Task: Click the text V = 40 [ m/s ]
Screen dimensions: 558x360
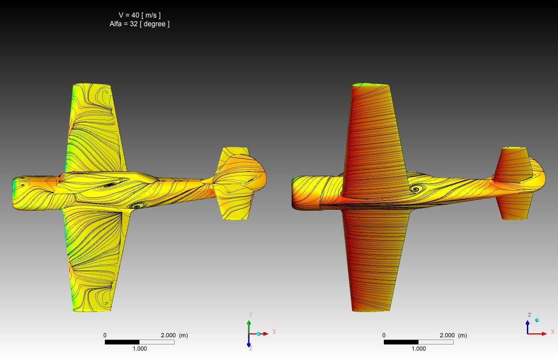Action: [139, 15]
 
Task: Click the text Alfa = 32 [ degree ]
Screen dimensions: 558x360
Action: [139, 24]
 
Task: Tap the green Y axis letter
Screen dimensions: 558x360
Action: [251, 315]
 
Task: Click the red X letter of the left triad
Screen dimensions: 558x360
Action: [274, 332]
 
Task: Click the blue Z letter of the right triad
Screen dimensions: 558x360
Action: [530, 315]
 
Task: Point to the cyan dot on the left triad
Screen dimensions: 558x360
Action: [259, 334]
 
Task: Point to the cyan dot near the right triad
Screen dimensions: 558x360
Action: [537, 320]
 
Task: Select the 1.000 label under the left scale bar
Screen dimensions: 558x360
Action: [139, 349]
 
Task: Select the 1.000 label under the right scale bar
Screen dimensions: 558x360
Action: [418, 349]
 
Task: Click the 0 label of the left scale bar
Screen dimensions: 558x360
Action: [105, 336]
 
